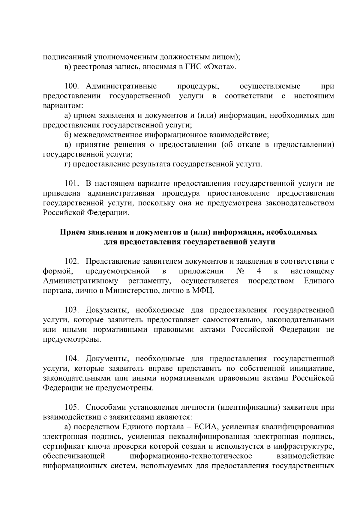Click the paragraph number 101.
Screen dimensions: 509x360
point(72,184)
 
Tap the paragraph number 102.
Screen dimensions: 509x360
point(72,262)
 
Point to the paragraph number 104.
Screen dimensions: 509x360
point(72,359)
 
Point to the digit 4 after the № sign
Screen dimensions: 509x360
point(259,271)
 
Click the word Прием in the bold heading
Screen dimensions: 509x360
point(73,232)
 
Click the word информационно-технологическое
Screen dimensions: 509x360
point(191,456)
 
